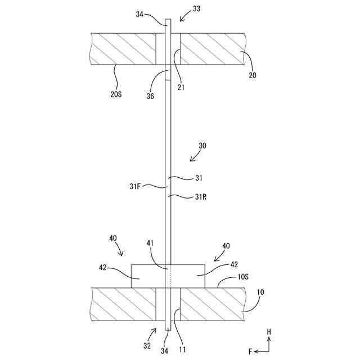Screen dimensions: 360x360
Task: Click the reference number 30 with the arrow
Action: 202,145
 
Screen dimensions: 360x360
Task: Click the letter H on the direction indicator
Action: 269,332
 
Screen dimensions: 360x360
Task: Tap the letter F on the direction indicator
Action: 250,351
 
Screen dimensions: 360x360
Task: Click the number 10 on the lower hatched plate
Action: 260,292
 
